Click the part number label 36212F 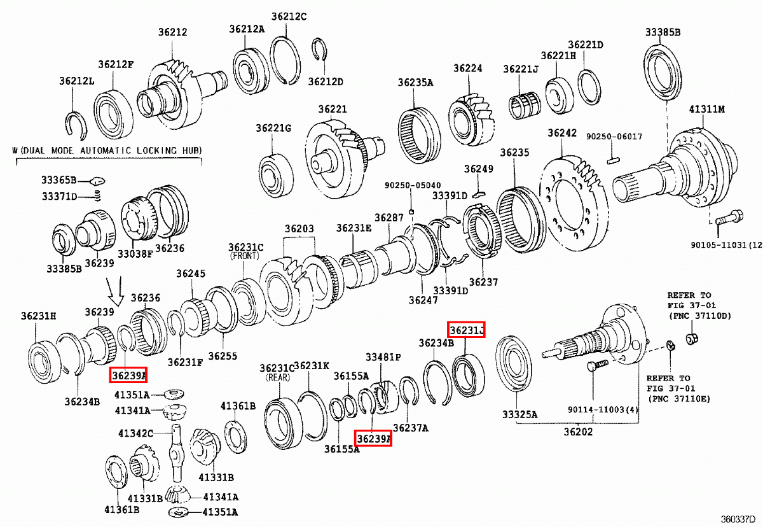pos(116,64)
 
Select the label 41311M pos(707,109)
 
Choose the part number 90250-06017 pos(614,137)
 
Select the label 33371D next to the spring pos(60,197)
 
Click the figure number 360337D pos(739,519)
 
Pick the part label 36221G pos(273,128)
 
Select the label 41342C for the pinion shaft pos(135,433)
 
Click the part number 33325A pos(519,415)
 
